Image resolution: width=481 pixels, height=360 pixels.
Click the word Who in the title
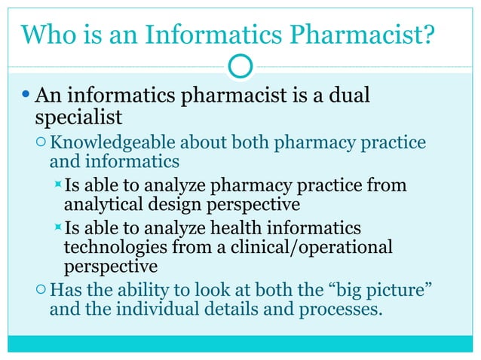pos(47,35)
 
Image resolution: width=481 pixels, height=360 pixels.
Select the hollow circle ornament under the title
pos(240,67)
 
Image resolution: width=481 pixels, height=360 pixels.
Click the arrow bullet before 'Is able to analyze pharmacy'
pos(57,185)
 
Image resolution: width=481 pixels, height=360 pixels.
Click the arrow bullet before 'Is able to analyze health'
pos(57,228)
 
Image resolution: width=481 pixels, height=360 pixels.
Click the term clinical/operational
pos(310,247)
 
